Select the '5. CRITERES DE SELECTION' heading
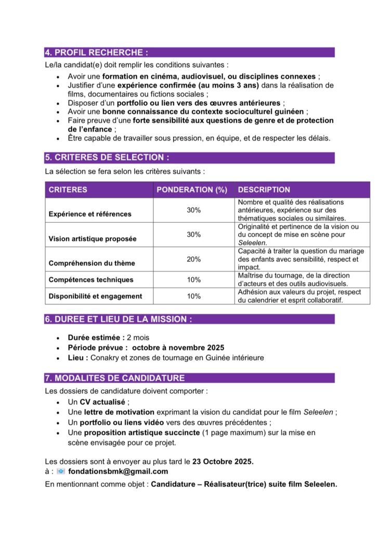[x=107, y=157]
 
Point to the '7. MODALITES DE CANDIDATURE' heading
[x=114, y=378]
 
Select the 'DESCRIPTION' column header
[x=264, y=189]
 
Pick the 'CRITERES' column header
[x=68, y=189]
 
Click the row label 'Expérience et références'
[x=90, y=214]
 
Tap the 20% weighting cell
[x=194, y=259]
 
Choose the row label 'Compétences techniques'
[x=91, y=280]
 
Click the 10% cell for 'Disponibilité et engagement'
[x=194, y=296]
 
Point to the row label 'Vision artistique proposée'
[x=93, y=239]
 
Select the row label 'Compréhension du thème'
[x=89, y=263]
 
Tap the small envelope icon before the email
[x=61, y=472]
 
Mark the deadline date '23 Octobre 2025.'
[x=223, y=462]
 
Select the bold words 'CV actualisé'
[x=103, y=402]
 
